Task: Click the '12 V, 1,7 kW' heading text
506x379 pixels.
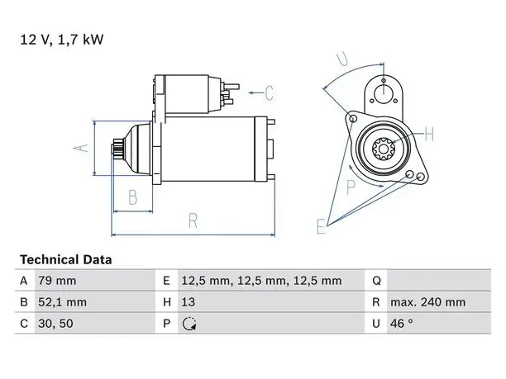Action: [x=62, y=40]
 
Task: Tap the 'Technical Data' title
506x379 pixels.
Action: [x=66, y=260]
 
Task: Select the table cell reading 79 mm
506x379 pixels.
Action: [x=57, y=281]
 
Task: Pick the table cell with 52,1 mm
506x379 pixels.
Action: [x=62, y=302]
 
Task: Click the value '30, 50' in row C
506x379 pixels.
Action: [x=55, y=324]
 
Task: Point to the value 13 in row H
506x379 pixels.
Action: [x=188, y=302]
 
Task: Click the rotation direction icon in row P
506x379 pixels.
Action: [x=189, y=324]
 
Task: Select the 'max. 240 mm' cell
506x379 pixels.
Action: [x=428, y=302]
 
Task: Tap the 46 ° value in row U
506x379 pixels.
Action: [x=402, y=323]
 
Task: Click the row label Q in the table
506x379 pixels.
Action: [x=376, y=281]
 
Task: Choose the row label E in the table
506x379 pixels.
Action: [x=166, y=281]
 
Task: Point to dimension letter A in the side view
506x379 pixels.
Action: [x=81, y=148]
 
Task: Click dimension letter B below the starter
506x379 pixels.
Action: [x=132, y=197]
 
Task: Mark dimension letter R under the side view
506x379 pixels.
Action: [x=193, y=220]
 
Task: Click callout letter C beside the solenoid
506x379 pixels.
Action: [x=270, y=93]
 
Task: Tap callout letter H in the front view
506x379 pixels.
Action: [x=429, y=134]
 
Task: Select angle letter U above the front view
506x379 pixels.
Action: [x=342, y=59]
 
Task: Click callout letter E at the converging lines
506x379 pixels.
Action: [x=321, y=226]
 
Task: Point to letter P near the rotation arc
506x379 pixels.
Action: [x=351, y=187]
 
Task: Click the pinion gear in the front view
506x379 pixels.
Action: [x=384, y=149]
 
